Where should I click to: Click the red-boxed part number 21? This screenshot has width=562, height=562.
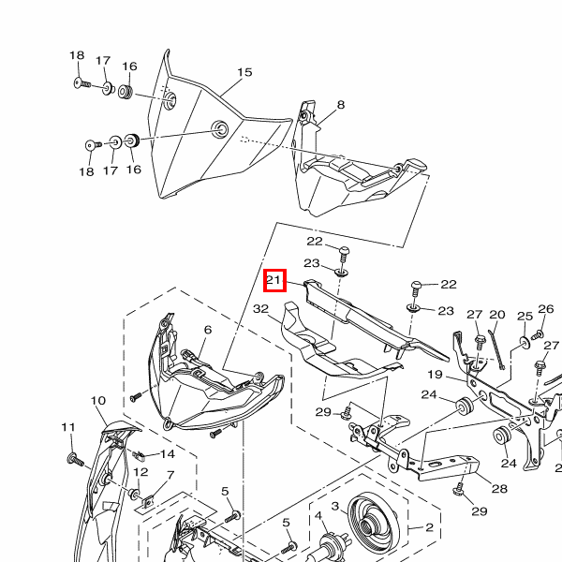coord(274,280)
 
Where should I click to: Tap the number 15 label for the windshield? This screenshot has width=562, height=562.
coord(244,72)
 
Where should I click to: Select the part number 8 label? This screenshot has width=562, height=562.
coord(341,105)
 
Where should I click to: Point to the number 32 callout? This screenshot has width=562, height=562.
coord(260,308)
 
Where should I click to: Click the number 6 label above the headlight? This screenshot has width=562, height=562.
coord(208,330)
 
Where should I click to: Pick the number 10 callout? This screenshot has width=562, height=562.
coord(98,400)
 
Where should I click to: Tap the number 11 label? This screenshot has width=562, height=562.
coord(68,427)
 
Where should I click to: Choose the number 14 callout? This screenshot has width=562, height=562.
coord(168,454)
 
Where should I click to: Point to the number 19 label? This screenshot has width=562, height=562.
coord(436,375)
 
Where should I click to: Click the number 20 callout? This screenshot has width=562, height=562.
coord(497,315)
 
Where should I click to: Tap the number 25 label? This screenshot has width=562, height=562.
coord(525,317)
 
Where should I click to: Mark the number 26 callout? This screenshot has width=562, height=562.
coord(546,308)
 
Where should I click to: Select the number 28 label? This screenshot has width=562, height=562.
coord(499,489)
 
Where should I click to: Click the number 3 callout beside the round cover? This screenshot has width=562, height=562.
coord(334,506)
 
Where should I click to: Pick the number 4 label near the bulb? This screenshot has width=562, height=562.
coord(318,516)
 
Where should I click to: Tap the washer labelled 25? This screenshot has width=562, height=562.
coord(525,343)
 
